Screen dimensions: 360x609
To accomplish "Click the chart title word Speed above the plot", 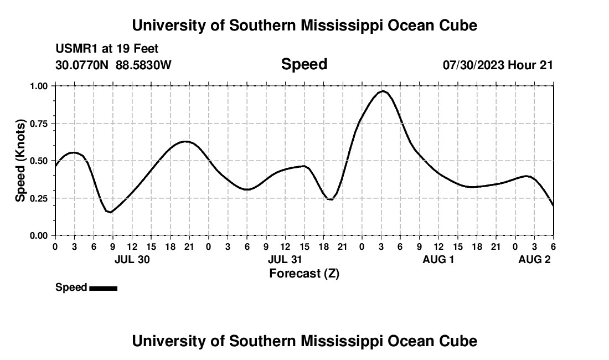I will pos(304,64).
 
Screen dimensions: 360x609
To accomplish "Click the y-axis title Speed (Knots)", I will pos(20,161).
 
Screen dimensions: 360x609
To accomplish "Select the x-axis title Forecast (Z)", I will pos(304,273).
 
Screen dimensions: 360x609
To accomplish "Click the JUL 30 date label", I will pos(132,260).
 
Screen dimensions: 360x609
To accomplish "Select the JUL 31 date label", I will pos(285,260).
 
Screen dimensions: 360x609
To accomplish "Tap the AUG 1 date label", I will pos(438,260).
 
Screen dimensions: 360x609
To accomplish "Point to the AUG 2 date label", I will pos(534,260).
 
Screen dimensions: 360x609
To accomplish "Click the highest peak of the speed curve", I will pos(383,91).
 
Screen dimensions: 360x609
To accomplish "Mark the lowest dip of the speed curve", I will pos(111,212).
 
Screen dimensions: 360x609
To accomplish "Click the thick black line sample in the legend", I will pos(103,288).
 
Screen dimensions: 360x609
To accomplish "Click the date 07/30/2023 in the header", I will pos(473,65).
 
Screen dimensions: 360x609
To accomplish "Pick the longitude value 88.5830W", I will pos(143,65).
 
